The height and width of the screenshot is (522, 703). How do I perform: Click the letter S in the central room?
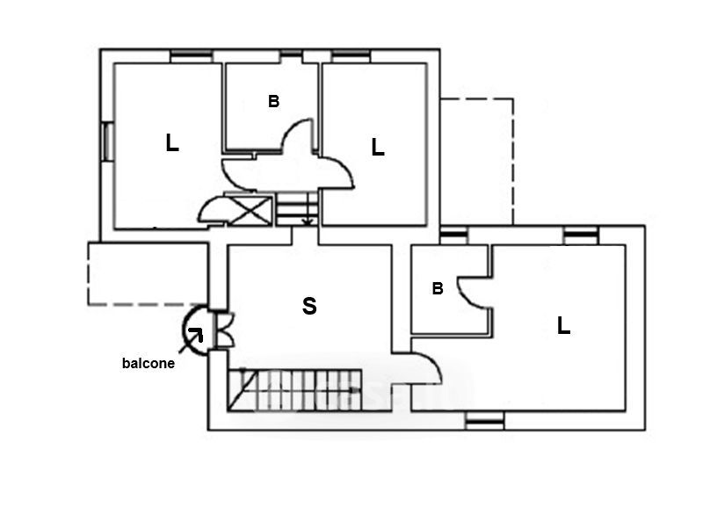[309, 307]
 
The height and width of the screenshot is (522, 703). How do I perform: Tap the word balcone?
[148, 363]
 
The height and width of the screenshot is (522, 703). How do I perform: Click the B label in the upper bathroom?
[273, 102]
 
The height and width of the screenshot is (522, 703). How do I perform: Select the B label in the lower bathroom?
[437, 288]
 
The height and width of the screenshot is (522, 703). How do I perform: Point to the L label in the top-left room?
[172, 143]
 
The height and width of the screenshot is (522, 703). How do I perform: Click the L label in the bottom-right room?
[563, 326]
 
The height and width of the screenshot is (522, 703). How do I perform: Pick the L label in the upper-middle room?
[378, 148]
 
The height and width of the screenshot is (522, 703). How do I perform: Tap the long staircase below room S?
[295, 390]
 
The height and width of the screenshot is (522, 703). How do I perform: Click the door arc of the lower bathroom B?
[475, 289]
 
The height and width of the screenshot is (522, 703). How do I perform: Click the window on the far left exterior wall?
[107, 141]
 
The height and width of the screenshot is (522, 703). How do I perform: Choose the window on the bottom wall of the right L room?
[484, 422]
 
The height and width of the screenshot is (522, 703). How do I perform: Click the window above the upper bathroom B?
[291, 55]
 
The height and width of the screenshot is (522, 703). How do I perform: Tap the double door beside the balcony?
[221, 329]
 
